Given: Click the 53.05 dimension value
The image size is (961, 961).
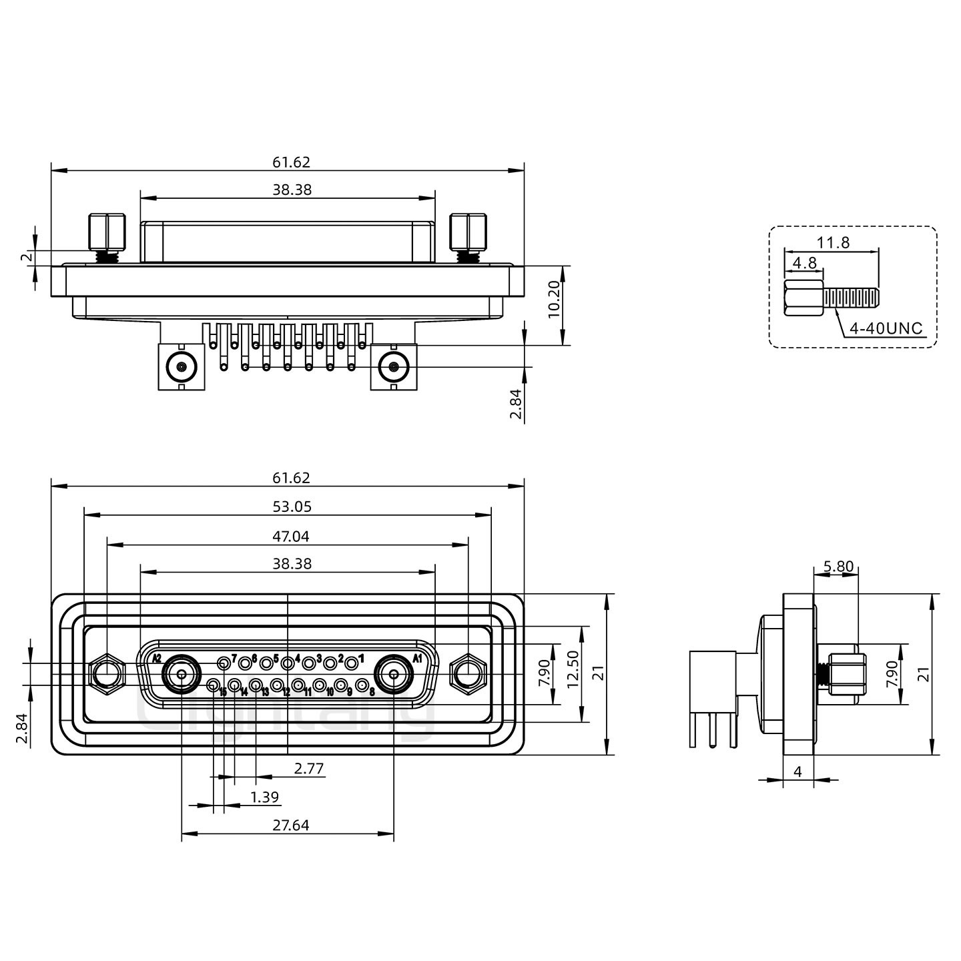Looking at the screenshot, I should click(x=292, y=507).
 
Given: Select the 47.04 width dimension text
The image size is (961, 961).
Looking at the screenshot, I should click(x=292, y=536).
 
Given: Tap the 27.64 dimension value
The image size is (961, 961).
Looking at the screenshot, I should click(x=291, y=826).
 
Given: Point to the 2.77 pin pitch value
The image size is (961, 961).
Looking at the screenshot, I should click(x=309, y=769).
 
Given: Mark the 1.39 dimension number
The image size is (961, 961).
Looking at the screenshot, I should click(x=264, y=797).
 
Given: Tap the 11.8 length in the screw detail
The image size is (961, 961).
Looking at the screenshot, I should click(x=834, y=243).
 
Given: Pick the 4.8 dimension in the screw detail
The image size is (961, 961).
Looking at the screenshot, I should click(x=804, y=263).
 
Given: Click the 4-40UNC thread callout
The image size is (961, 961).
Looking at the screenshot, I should click(x=886, y=328).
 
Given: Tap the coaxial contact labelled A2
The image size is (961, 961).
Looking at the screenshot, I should click(x=182, y=675).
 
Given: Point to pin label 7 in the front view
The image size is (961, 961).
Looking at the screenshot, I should click(x=234, y=658).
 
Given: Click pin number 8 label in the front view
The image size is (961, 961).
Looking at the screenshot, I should click(x=372, y=691).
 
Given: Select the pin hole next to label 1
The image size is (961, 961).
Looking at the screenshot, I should click(x=351, y=663).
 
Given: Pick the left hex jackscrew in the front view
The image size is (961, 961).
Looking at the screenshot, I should click(x=106, y=673).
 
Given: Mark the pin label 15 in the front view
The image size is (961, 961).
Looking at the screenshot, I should click(x=223, y=693).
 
